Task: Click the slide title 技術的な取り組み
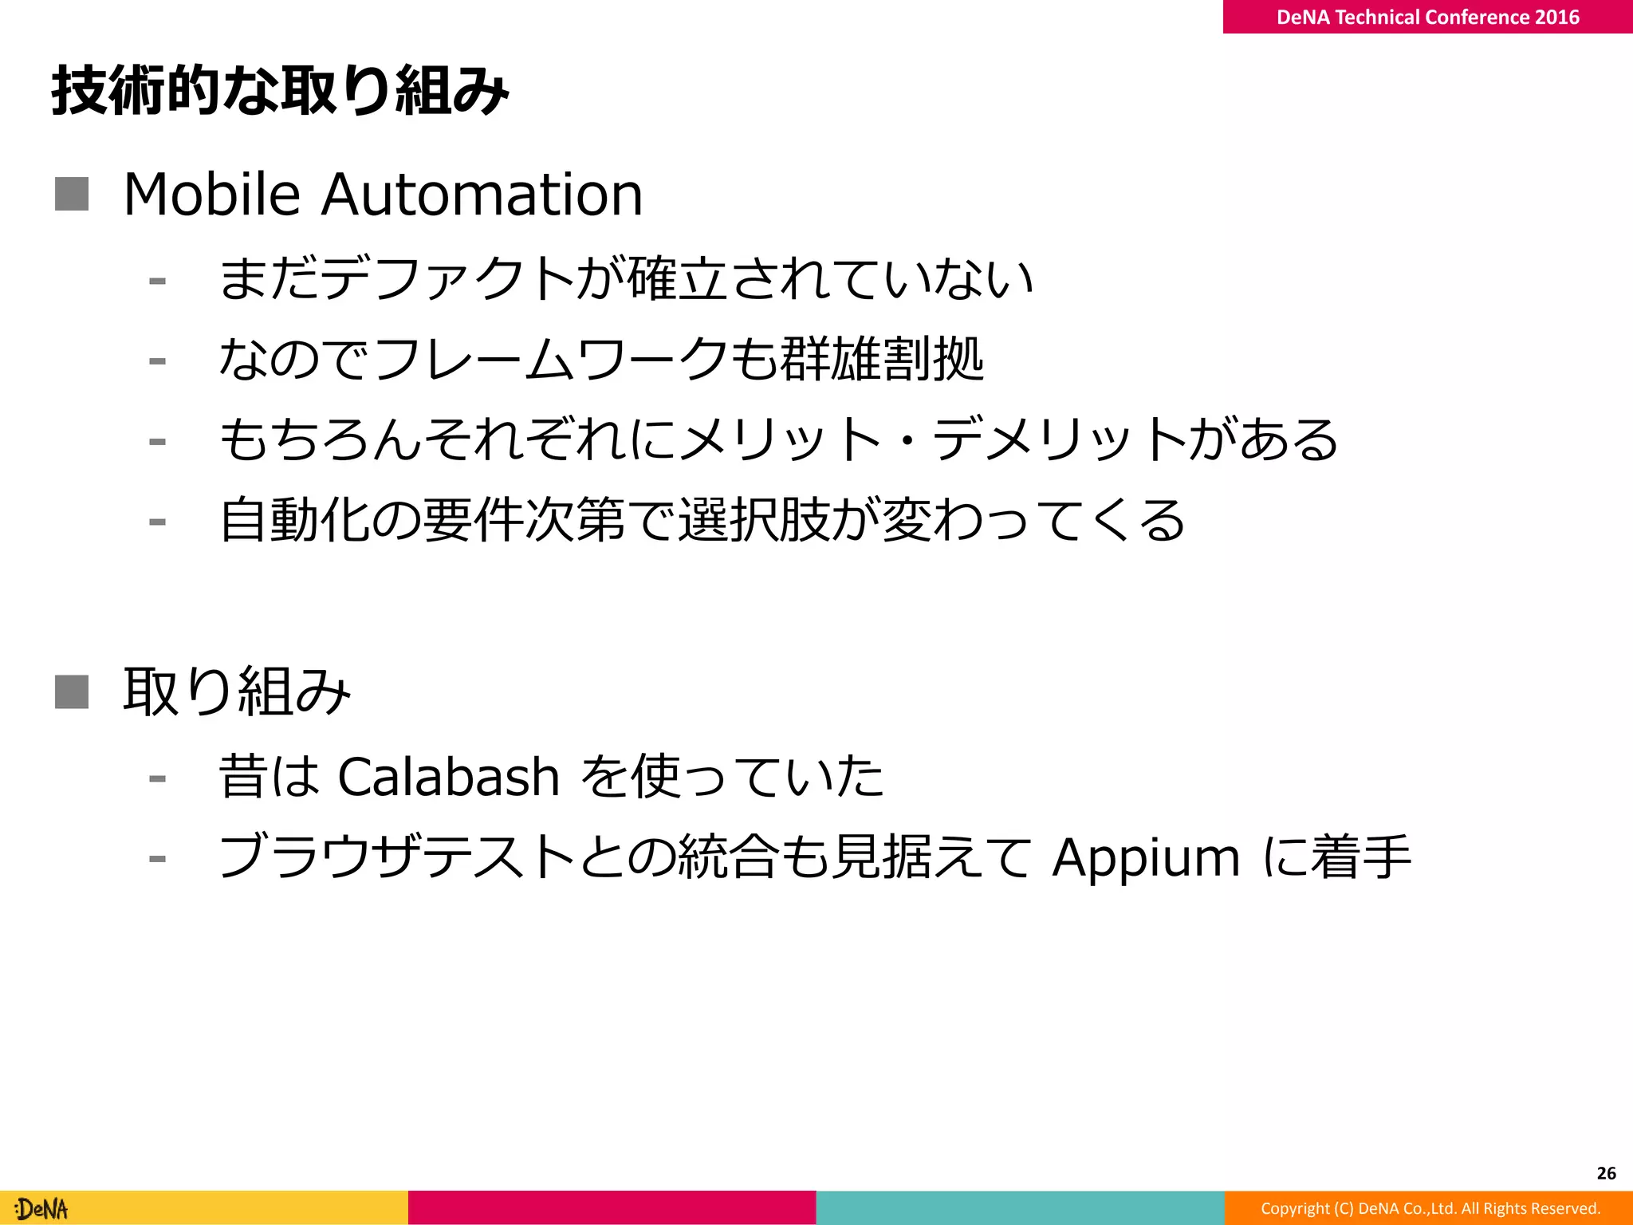tap(280, 90)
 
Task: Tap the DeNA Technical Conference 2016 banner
tap(1427, 17)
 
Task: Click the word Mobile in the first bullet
tap(212, 195)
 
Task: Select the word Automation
tap(482, 195)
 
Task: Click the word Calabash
tap(448, 777)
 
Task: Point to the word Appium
tap(1146, 858)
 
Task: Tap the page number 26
tap(1606, 1173)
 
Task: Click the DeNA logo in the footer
tap(42, 1209)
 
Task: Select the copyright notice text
tap(1430, 1208)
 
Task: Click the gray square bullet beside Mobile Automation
tap(72, 195)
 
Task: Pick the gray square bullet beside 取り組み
tap(72, 691)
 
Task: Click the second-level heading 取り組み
tap(237, 691)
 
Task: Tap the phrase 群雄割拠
tap(882, 359)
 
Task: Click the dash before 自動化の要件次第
tap(157, 522)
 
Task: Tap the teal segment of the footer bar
tap(1020, 1207)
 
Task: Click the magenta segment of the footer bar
tap(612, 1207)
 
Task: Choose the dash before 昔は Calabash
tap(157, 778)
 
